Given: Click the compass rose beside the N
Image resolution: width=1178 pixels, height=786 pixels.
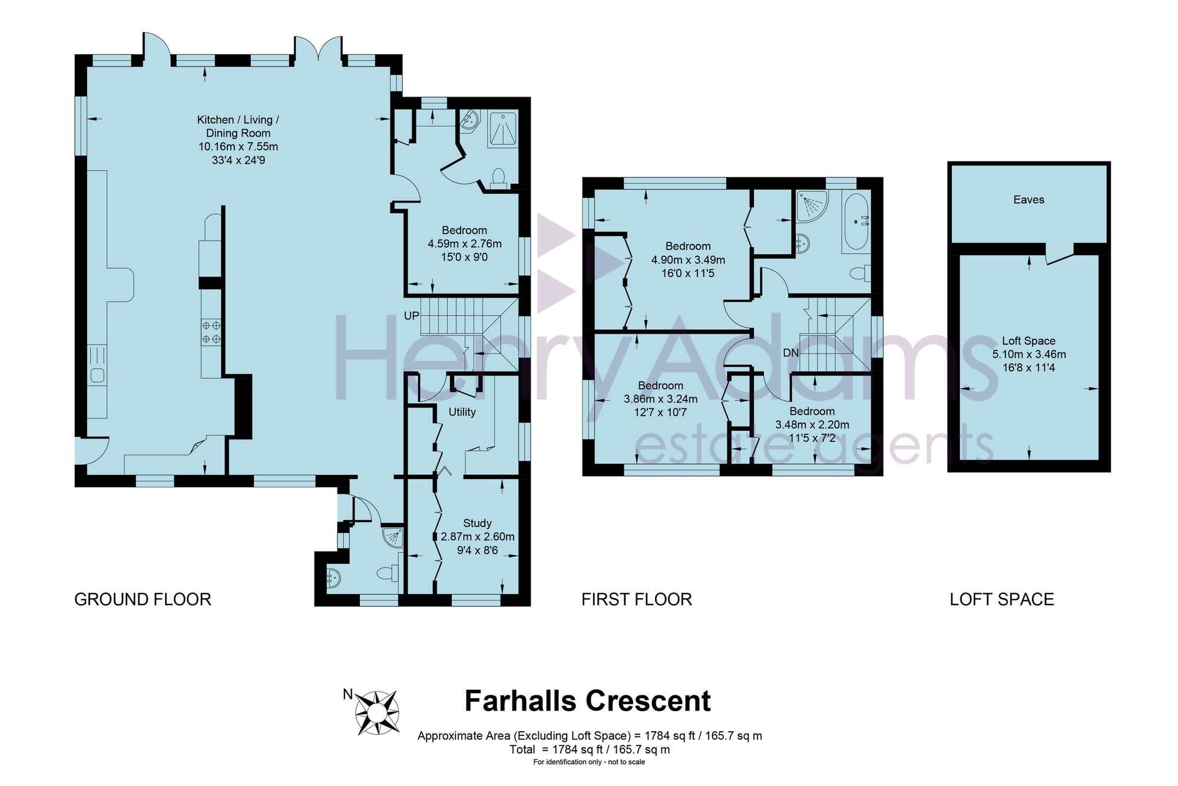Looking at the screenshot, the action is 378,712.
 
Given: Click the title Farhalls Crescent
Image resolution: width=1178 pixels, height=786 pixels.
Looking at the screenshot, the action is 588,701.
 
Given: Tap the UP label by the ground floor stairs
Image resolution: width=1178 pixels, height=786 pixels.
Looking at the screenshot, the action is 412,316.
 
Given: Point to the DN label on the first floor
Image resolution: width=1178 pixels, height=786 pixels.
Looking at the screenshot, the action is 791,353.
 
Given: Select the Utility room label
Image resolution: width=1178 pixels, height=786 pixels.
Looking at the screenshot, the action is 462,412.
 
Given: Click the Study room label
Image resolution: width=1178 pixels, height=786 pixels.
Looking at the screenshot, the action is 477,523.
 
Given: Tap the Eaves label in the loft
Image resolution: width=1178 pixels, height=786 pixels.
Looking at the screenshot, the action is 1029,200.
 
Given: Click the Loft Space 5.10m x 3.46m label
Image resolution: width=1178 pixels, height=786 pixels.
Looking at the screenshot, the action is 1029,354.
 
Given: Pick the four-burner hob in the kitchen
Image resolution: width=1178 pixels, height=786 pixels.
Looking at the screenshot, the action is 211,332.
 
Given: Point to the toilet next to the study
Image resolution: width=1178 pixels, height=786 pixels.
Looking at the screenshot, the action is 388,572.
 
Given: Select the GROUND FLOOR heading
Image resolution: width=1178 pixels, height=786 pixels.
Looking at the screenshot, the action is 143,599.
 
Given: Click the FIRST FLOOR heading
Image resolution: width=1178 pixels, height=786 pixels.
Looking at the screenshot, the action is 637,599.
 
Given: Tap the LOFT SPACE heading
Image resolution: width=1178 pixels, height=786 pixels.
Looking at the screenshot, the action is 1002,599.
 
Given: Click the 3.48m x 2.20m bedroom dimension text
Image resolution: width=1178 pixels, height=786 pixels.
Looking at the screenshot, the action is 812,424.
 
